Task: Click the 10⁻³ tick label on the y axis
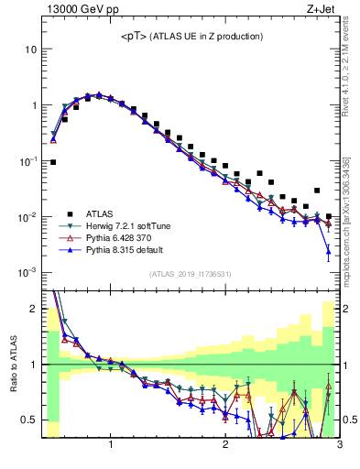28,273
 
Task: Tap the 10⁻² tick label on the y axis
28,217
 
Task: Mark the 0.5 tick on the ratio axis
29,420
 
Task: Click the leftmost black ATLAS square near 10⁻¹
53,162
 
